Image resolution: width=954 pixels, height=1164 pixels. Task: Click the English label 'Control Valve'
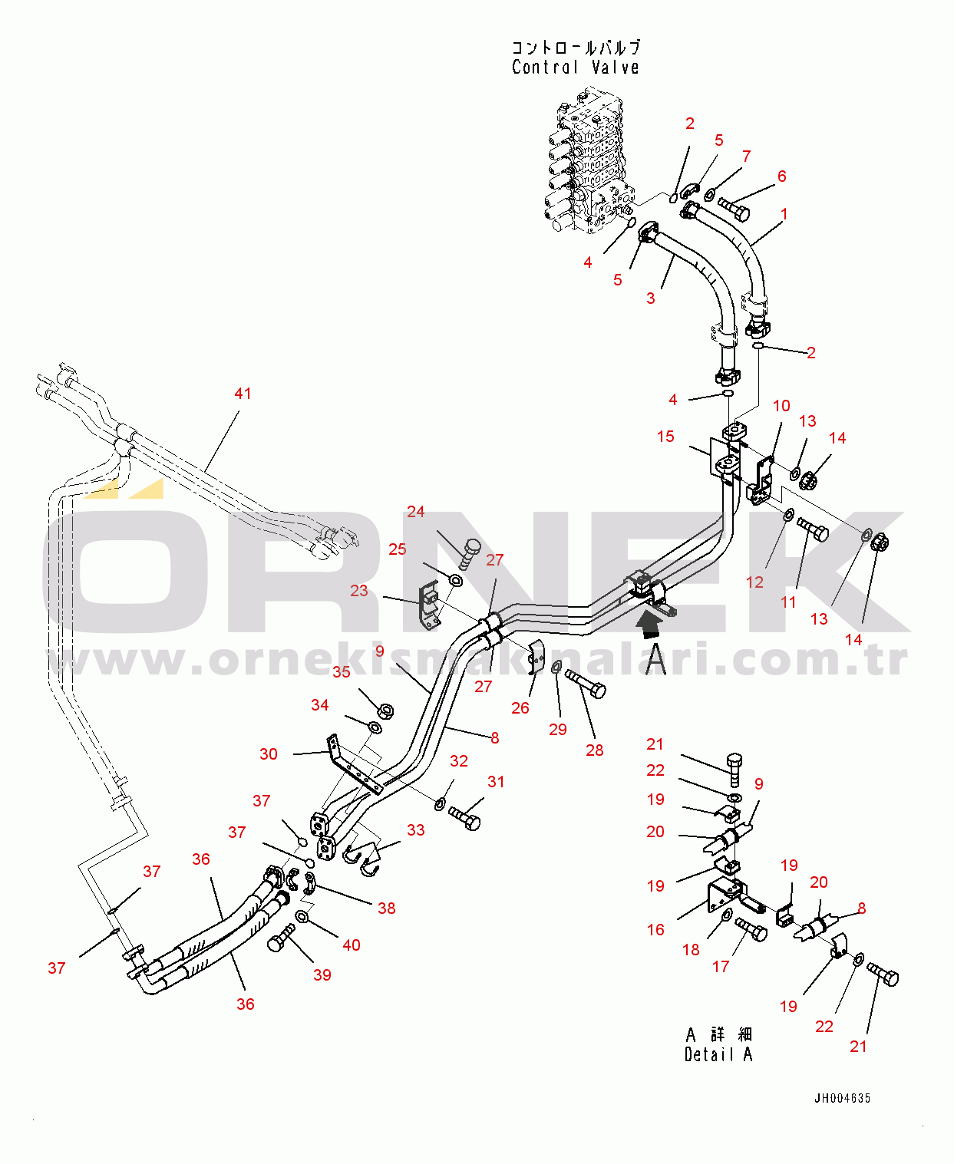[575, 68]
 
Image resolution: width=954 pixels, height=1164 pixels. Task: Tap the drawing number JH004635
[842, 1098]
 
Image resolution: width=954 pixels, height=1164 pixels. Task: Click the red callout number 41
[243, 394]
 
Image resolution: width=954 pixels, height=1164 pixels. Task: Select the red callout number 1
[784, 214]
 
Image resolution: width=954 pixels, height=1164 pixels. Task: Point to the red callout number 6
[781, 176]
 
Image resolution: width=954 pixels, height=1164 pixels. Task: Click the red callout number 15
[665, 437]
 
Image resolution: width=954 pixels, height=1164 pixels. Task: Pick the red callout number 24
[415, 512]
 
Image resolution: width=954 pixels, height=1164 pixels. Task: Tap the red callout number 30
[269, 754]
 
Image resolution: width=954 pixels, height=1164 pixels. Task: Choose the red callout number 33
[415, 830]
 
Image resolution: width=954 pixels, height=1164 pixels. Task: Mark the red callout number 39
[322, 975]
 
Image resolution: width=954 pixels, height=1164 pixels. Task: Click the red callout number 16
[655, 930]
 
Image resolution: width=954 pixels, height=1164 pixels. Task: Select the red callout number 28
[595, 750]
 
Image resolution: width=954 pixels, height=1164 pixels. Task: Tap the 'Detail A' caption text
[718, 1054]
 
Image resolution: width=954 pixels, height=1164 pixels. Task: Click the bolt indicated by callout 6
[734, 209]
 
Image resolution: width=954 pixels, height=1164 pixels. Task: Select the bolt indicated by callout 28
[586, 682]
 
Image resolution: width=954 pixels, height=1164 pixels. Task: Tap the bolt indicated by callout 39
[280, 938]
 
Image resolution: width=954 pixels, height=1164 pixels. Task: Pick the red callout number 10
[781, 406]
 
